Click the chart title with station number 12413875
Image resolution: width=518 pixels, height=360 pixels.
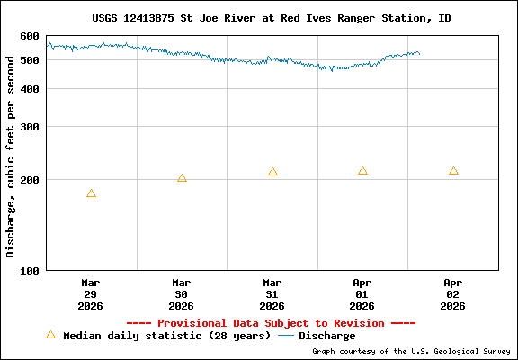272,18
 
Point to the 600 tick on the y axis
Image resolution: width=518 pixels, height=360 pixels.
30,36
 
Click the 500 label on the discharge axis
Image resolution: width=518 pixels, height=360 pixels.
30,60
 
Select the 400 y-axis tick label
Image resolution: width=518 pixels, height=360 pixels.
30,89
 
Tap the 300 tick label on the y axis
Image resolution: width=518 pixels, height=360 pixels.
30,127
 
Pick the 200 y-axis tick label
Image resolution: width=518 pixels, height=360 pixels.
30,180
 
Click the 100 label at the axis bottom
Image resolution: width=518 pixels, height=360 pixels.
30,270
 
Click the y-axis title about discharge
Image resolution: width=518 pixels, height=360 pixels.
11,153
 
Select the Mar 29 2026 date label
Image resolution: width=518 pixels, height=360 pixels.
91,294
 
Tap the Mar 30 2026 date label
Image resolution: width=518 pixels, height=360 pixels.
182,294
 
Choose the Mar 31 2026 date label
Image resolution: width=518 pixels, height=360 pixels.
272,294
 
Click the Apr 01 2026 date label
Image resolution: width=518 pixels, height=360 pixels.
362,294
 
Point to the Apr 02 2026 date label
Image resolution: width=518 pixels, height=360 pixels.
453,294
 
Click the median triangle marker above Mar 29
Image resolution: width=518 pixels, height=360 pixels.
91,193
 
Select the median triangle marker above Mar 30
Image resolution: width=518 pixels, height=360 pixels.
182,178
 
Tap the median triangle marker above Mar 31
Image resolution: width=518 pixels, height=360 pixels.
272,172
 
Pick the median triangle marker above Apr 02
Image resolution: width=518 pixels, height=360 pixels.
453,171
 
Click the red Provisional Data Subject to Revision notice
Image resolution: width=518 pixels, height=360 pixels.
271,323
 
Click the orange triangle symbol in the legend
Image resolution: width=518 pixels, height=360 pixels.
50,335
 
